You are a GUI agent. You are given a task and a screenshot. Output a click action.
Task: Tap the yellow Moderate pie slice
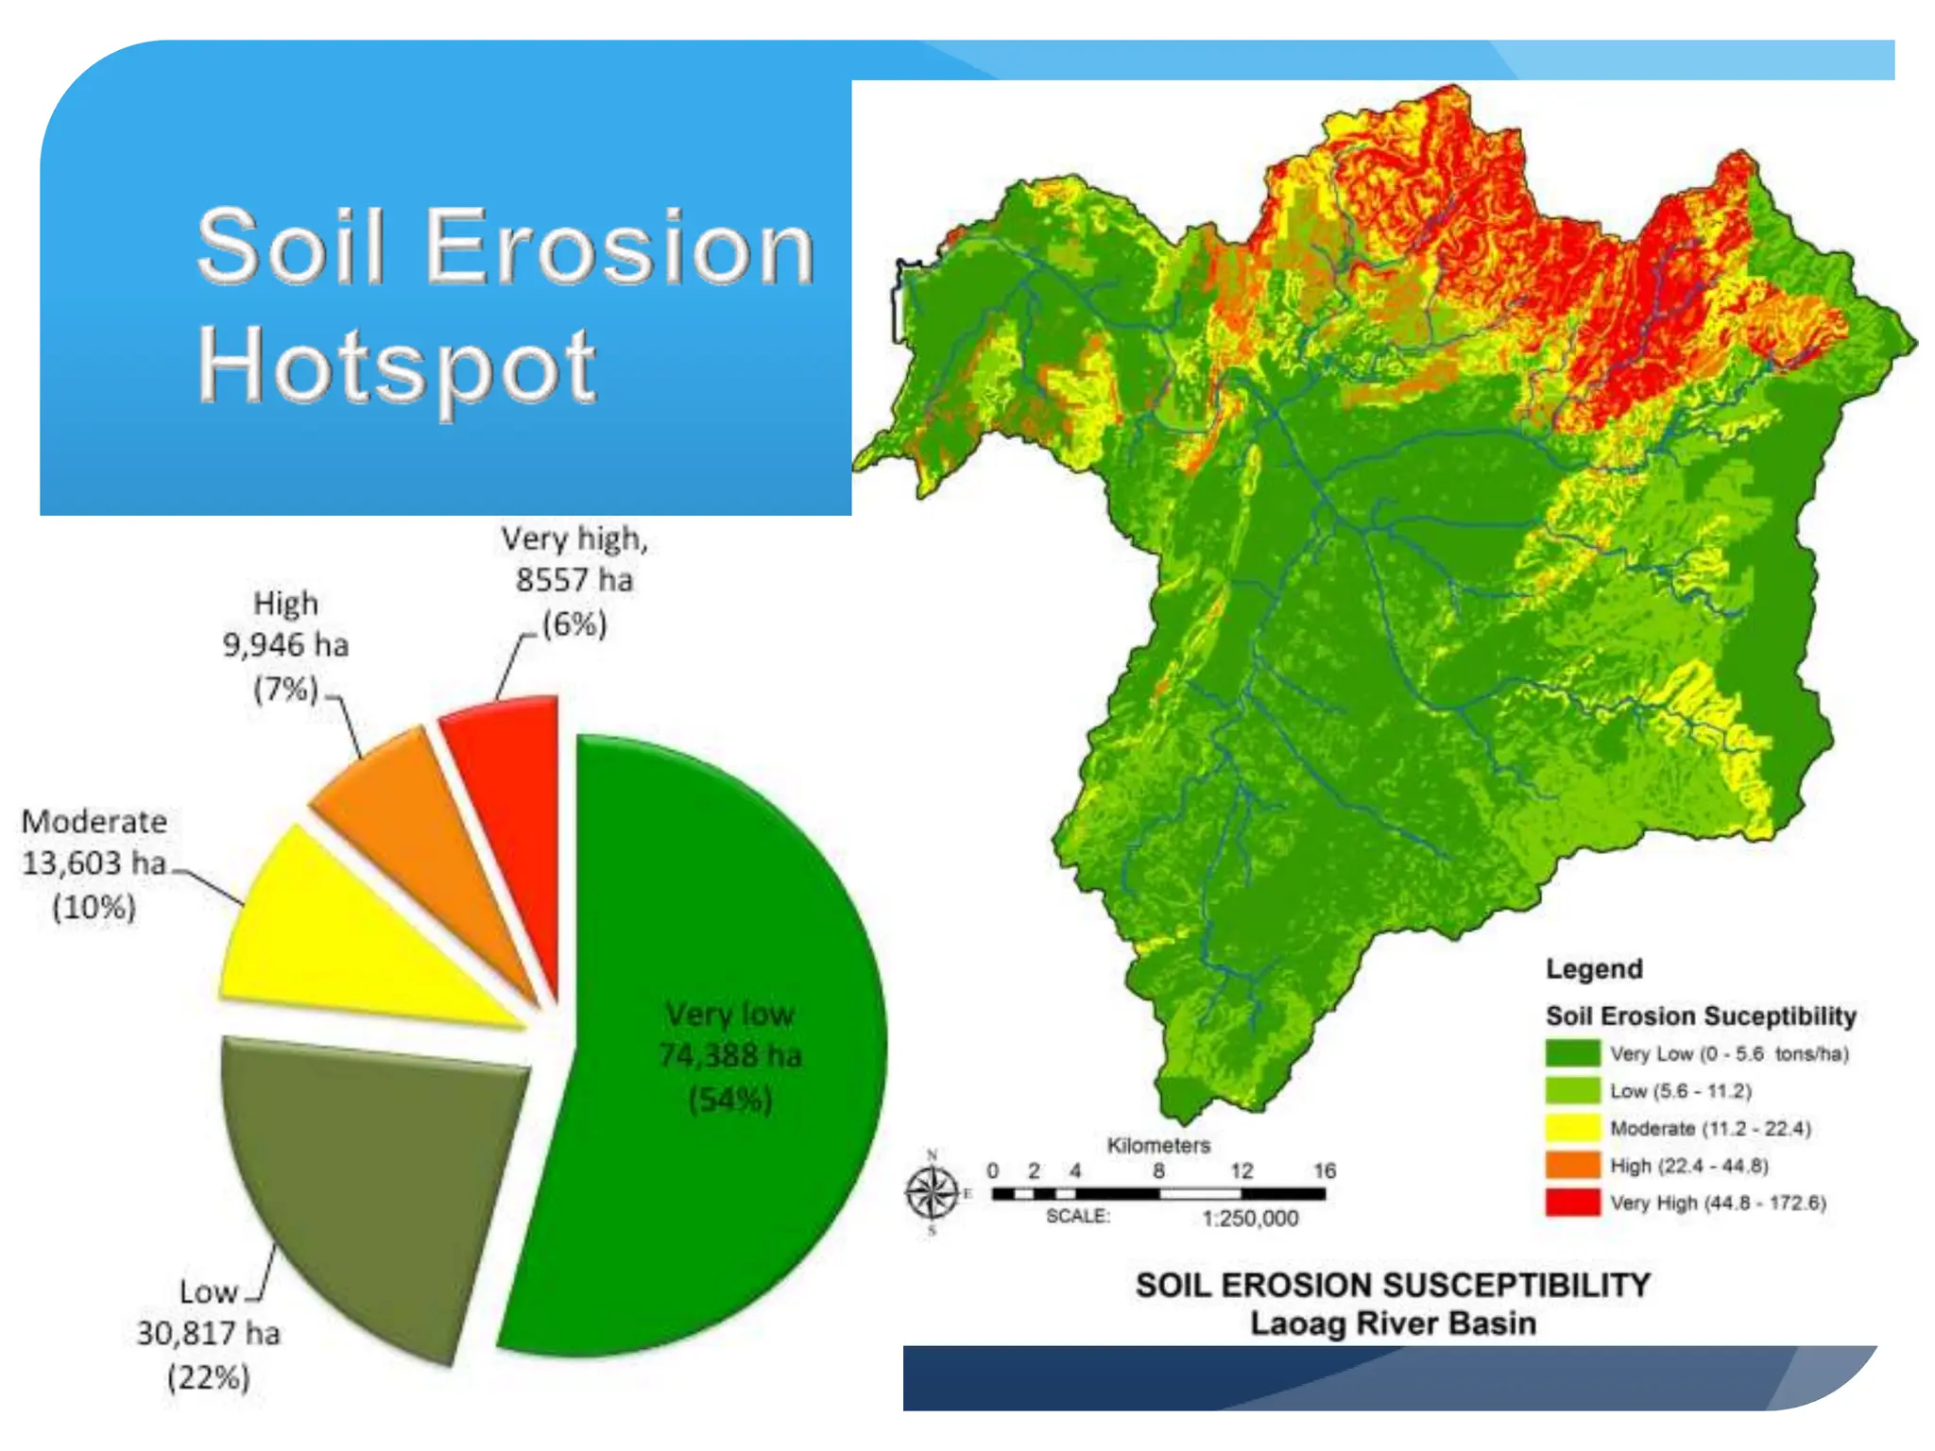340,945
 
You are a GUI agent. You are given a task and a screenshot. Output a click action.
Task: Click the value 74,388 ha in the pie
729,1055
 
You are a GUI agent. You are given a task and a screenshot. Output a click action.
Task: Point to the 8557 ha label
574,580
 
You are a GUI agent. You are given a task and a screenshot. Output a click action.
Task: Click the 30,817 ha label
209,1334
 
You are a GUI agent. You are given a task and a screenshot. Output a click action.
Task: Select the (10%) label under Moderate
94,908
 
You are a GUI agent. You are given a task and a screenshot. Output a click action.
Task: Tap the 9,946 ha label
285,645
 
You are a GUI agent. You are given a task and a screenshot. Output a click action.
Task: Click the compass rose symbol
932,1193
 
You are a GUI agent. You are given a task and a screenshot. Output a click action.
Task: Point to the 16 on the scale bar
1325,1171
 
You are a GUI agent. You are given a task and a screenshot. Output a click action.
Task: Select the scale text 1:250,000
1250,1219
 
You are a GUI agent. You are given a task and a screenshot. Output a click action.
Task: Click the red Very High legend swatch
1572,1203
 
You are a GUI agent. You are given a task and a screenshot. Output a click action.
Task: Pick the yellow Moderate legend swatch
1572,1128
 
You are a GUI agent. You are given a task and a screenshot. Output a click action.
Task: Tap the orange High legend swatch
1572,1166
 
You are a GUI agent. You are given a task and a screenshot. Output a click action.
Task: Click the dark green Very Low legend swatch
1572,1053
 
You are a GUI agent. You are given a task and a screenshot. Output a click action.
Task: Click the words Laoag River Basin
1393,1323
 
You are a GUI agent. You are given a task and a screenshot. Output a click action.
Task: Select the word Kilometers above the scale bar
1158,1146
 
